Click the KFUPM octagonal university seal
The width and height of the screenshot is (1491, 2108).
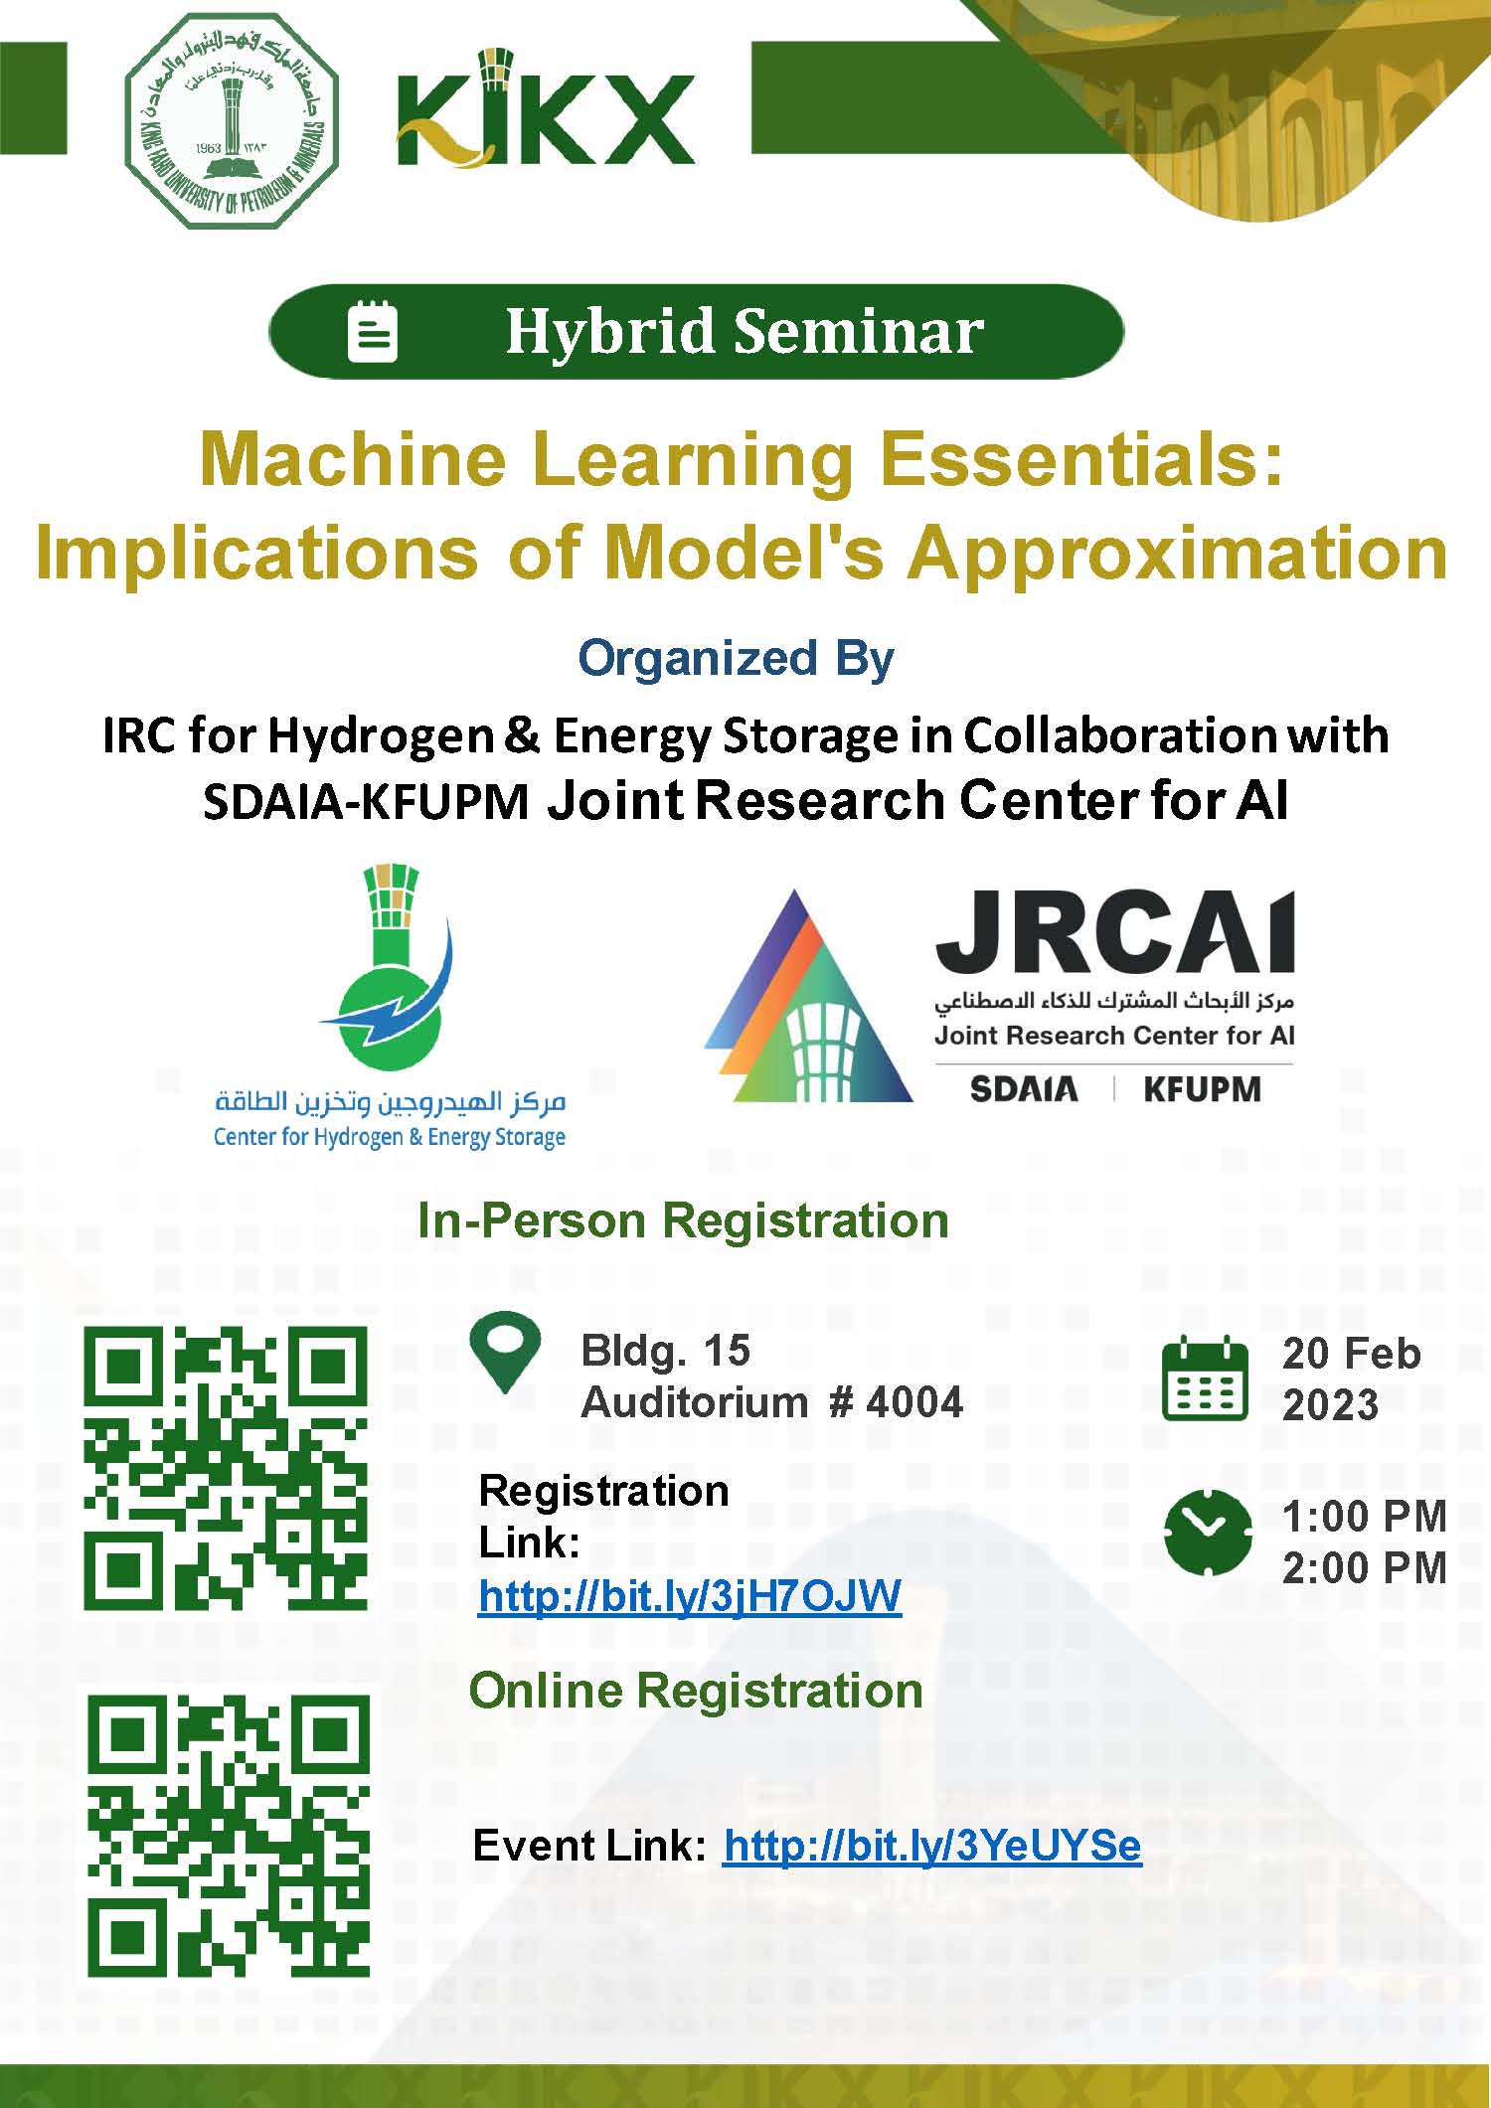point(232,121)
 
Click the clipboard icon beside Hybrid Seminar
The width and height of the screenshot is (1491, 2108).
point(373,331)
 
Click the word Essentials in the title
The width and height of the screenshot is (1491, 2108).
point(1081,460)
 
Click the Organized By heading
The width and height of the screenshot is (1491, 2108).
point(737,659)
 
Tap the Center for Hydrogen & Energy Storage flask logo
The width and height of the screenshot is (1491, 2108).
point(390,1007)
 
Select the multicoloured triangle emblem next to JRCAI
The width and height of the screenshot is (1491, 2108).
point(807,996)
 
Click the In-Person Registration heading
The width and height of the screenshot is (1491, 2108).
point(683,1220)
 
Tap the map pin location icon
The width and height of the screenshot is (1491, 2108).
point(506,1352)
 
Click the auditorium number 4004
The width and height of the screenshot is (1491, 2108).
point(914,1402)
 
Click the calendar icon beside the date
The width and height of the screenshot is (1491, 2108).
point(1205,1379)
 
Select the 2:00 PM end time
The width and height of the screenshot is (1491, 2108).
point(1364,1568)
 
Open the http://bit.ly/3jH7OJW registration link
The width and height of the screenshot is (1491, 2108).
point(690,1596)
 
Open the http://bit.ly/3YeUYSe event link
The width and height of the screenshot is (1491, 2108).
point(932,1846)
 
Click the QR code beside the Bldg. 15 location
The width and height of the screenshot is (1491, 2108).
point(226,1468)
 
